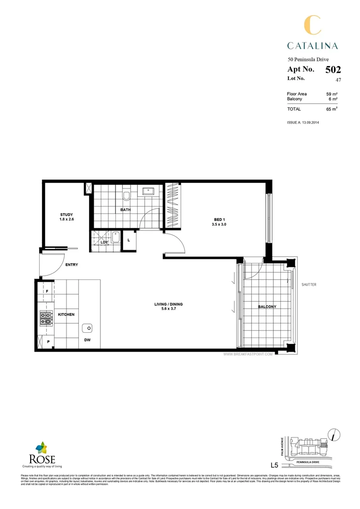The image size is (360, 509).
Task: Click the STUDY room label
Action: click(x=66, y=215)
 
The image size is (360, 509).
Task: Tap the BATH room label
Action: click(x=125, y=210)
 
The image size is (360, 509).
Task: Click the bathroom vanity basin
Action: click(x=150, y=191)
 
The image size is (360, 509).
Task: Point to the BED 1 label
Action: click(x=220, y=220)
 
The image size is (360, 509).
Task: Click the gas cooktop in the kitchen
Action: click(x=46, y=319)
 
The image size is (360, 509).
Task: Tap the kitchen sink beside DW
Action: click(x=88, y=328)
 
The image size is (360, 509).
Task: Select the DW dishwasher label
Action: click(x=88, y=340)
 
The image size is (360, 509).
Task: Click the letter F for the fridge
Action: click(x=47, y=292)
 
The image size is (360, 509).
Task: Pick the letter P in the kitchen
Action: click(x=48, y=341)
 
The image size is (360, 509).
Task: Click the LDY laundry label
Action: click(x=105, y=242)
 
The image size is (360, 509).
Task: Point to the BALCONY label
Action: click(x=267, y=307)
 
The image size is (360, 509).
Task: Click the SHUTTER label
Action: click(x=309, y=285)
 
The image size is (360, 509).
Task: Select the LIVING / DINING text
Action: click(x=168, y=304)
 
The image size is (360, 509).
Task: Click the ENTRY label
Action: click(x=72, y=265)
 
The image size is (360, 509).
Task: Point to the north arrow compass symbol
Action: click(x=334, y=434)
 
